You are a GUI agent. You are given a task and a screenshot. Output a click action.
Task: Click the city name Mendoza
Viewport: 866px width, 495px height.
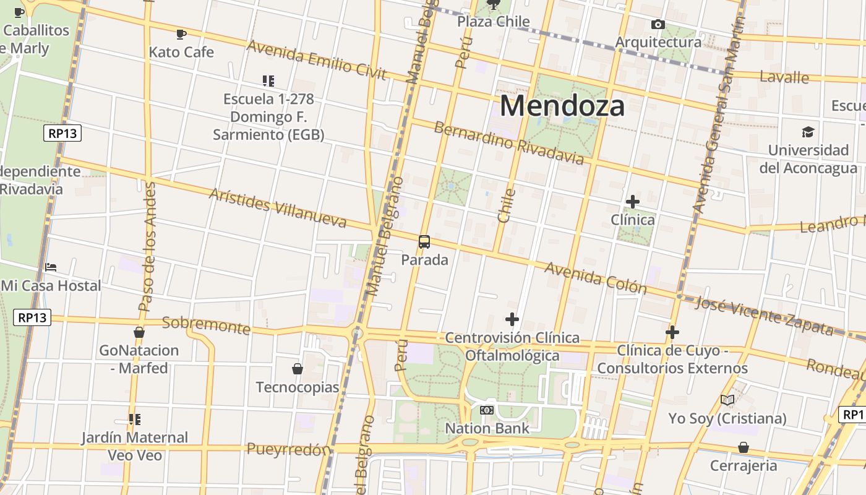[562, 106]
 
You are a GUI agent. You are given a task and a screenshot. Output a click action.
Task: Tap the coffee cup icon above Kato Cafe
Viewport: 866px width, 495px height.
[181, 34]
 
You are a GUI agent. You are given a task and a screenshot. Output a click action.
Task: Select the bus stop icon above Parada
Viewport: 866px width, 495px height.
[424, 242]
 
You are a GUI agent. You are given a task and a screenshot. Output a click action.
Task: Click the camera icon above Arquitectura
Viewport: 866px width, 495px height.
[658, 25]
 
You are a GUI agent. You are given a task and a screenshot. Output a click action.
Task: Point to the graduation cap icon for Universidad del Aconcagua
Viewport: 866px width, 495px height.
[808, 132]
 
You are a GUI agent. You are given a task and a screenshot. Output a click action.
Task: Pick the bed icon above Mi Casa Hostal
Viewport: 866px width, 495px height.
[51, 267]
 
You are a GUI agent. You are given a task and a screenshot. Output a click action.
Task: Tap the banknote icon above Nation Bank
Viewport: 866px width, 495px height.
[487, 410]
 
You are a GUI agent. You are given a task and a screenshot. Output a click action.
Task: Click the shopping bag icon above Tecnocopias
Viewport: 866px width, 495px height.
[298, 369]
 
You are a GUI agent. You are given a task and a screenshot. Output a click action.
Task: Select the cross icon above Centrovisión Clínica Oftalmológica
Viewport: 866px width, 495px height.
[512, 319]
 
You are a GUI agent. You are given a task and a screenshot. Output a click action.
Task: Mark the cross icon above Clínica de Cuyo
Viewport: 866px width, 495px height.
[672, 332]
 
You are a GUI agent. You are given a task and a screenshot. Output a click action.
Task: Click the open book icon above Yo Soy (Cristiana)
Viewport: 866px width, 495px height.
[727, 400]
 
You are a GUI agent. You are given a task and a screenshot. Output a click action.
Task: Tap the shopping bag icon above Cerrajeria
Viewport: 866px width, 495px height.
[744, 447]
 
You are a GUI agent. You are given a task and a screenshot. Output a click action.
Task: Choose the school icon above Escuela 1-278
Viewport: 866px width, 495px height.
[268, 80]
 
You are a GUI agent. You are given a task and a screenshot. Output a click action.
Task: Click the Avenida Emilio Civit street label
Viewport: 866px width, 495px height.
[316, 60]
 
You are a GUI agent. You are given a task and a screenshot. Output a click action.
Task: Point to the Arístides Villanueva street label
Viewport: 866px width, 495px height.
[277, 207]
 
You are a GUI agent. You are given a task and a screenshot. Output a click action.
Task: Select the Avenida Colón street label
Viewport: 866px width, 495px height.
[595, 278]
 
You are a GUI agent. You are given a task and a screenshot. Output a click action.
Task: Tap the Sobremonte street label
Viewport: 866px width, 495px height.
[206, 325]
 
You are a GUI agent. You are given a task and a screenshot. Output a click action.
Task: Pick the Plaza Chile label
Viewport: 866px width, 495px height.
[493, 22]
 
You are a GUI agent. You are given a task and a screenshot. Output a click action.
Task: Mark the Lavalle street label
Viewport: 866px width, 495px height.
[784, 77]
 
